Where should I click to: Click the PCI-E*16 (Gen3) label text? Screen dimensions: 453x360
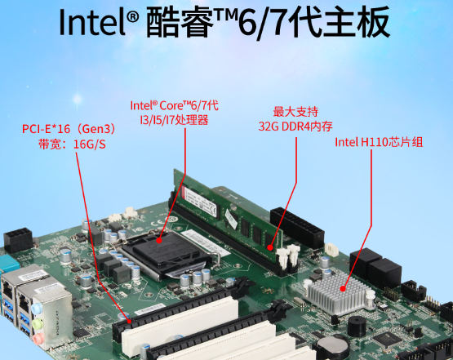tap(69, 129)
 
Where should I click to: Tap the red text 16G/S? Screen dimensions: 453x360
tap(90, 144)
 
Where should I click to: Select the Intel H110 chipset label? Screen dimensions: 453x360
tap(379, 142)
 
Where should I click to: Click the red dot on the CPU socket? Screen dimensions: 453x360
tap(159, 240)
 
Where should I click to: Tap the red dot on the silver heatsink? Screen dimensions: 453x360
tap(343, 288)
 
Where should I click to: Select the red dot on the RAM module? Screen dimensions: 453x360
tap(270, 247)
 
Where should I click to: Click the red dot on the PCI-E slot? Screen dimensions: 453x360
tap(129, 321)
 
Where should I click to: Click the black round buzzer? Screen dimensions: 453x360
tap(357, 326)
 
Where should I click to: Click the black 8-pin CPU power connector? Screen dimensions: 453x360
tap(18, 239)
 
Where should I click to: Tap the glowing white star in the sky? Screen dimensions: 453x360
tap(78, 100)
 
